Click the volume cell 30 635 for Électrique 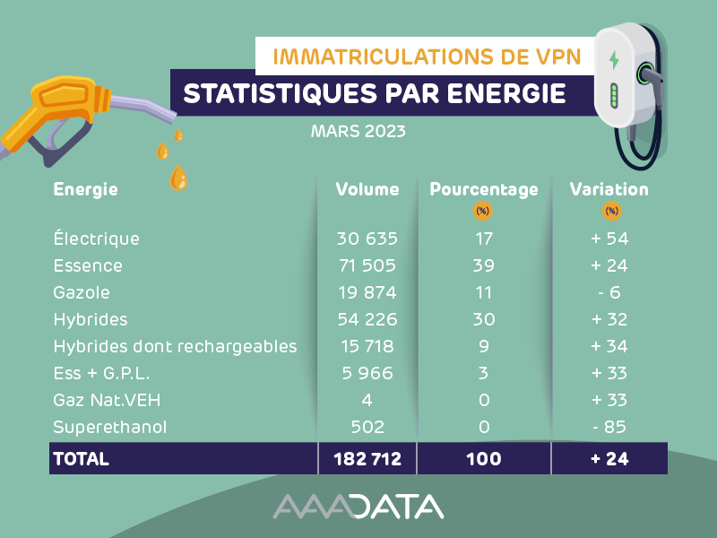coord(367,239)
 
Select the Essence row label coord(88,266)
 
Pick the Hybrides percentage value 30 coord(484,320)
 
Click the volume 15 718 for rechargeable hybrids coord(367,347)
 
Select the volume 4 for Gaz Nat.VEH coord(367,401)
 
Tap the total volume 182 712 coord(367,459)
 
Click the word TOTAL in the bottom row coord(82,459)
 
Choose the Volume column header coord(367,190)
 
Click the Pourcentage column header coord(484,190)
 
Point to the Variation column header coord(609,190)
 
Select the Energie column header coord(86,190)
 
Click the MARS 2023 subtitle coord(358,132)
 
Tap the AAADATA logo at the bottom coord(358,507)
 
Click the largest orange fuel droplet coord(179,178)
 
